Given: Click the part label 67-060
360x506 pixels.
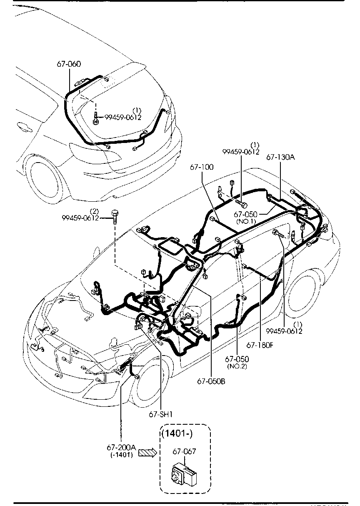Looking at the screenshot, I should tap(69, 64).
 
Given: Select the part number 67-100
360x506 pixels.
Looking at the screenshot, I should tap(202, 167).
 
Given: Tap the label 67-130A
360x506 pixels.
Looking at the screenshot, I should tap(280, 157).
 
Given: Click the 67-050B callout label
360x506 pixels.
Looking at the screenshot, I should tap(211, 381).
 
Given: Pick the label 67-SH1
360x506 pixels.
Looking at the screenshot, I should tap(160, 414).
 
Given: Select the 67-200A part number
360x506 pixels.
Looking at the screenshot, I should tap(121, 447).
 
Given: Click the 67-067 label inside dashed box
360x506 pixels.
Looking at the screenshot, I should tap(184, 451).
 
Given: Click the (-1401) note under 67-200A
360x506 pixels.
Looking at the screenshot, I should tap(122, 455).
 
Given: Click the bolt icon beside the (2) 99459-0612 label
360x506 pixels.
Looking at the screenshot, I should tap(115, 215).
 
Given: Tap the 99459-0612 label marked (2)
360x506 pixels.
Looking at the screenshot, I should tap(80, 218).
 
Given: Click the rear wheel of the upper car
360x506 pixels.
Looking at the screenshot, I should tap(45, 177).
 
